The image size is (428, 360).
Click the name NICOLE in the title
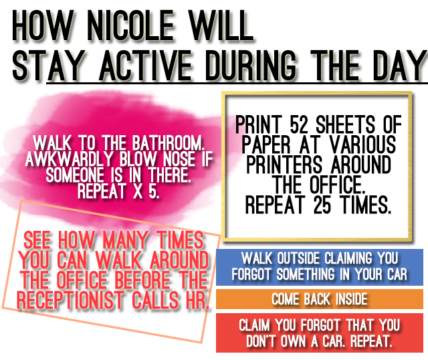[x=130, y=25]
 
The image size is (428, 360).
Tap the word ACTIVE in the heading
[x=145, y=66]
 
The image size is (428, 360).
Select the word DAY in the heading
[x=401, y=66]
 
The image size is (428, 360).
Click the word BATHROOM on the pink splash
[x=169, y=143]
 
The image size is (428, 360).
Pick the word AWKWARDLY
[x=70, y=159]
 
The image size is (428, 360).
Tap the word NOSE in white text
[x=179, y=159]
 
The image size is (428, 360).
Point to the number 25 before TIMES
[x=322, y=205]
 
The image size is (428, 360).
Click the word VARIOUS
[x=362, y=145]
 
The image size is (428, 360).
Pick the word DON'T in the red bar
[x=261, y=341]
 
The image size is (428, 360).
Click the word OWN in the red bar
[x=294, y=341]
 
